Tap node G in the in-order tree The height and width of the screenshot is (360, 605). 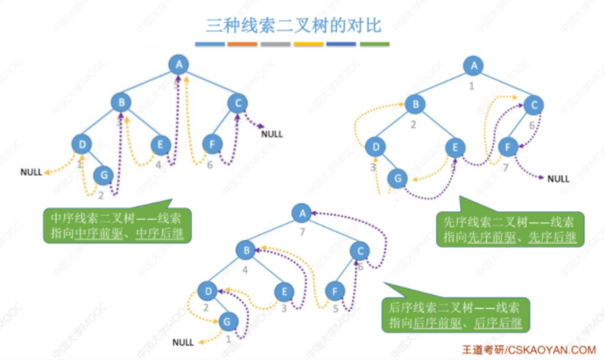[102, 174]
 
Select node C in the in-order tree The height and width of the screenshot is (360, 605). [237, 102]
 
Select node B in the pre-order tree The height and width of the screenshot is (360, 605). [413, 103]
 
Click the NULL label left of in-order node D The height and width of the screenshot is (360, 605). [31, 172]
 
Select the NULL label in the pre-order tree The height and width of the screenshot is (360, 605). [558, 178]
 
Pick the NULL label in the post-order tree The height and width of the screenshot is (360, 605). [183, 342]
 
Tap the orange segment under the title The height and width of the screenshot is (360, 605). [243, 45]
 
